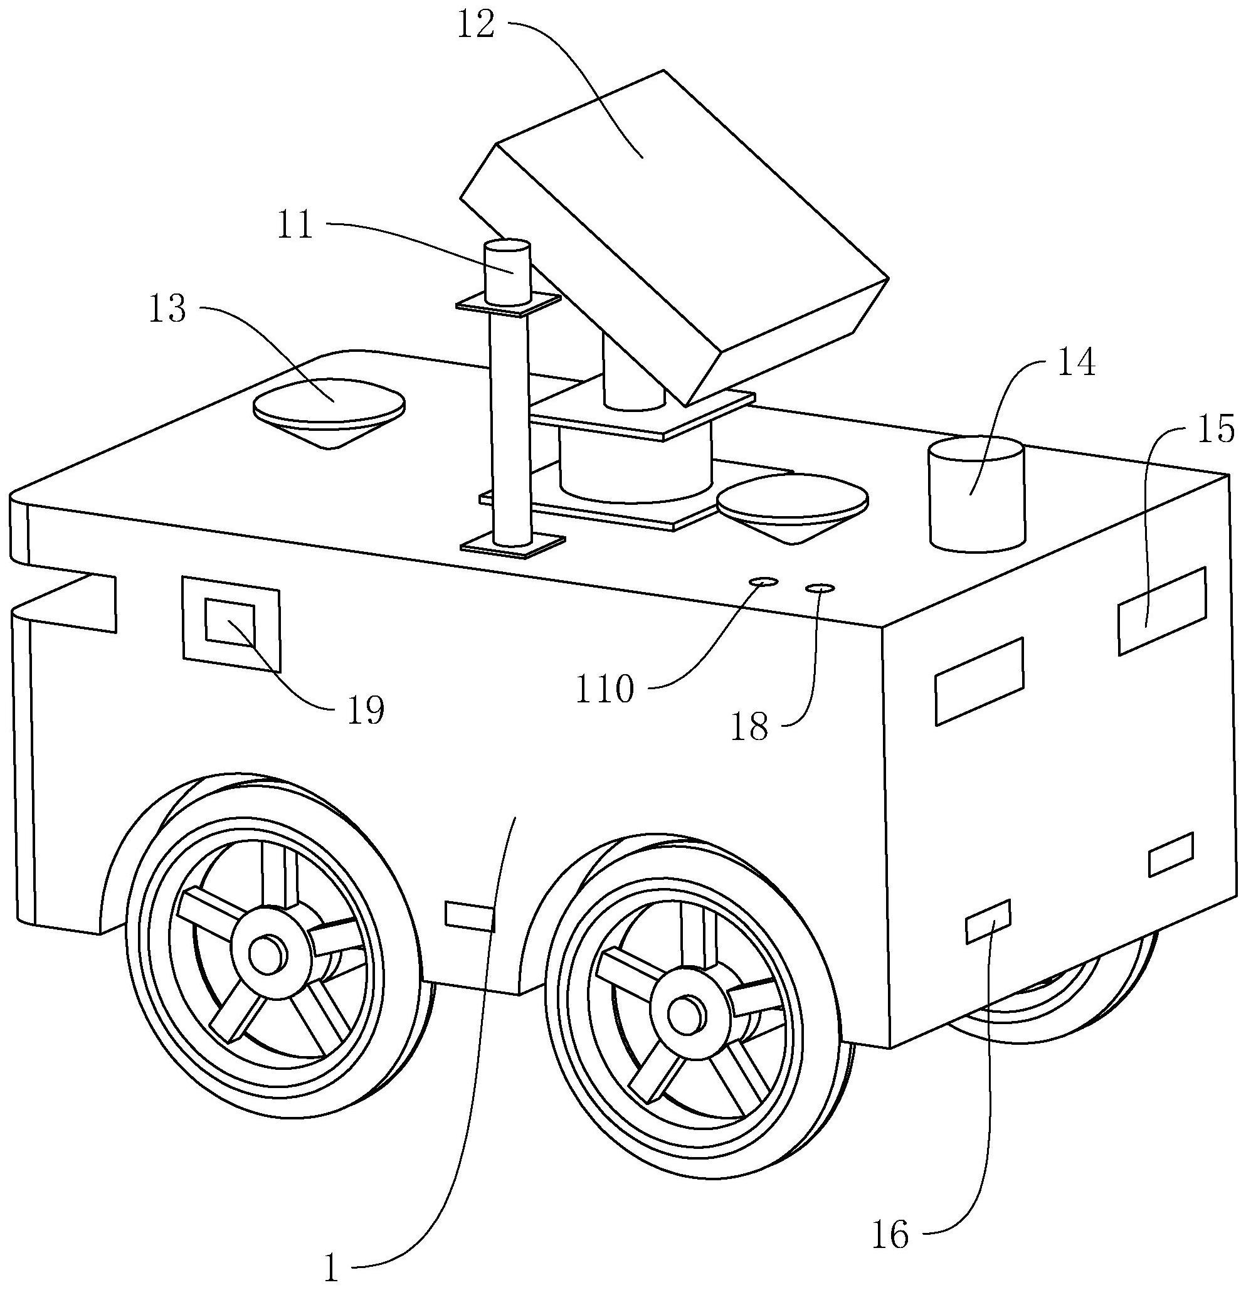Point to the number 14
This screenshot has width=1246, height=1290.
tap(1077, 363)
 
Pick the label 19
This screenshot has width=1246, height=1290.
tap(366, 710)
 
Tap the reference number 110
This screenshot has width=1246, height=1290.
tap(605, 689)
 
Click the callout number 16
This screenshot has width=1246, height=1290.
tap(890, 1235)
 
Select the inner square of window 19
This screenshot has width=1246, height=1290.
tap(230, 621)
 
